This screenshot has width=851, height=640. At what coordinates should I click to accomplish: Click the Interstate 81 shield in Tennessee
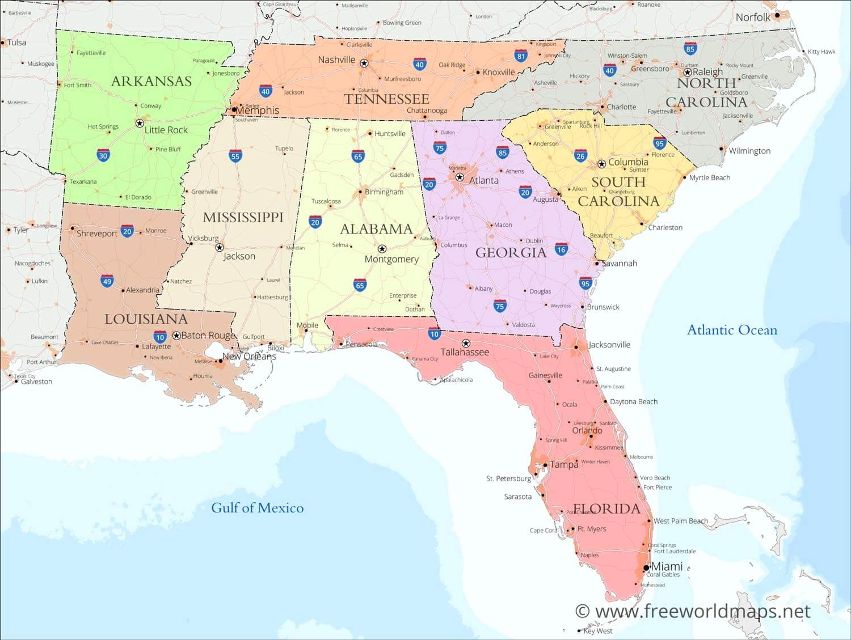521,56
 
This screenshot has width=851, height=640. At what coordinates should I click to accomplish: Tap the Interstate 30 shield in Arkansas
103,156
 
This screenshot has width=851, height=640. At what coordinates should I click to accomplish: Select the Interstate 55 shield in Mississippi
235,156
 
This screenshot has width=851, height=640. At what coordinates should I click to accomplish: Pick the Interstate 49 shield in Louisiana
107,281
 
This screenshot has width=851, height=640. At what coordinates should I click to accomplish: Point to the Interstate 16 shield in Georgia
561,249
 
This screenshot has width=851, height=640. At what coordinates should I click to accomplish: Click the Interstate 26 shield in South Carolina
580,156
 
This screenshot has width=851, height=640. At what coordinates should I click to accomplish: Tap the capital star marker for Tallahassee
466,344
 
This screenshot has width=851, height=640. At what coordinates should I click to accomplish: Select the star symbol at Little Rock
140,123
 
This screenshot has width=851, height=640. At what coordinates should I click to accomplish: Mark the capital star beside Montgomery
382,249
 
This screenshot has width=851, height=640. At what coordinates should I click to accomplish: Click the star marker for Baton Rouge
176,336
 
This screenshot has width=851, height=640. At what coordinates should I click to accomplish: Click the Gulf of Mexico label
257,507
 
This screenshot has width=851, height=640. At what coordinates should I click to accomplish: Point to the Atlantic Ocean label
732,330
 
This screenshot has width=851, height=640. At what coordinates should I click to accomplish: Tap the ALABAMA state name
376,229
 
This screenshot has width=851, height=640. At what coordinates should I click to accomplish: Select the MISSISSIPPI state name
243,217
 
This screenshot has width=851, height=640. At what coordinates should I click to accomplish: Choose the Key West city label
598,631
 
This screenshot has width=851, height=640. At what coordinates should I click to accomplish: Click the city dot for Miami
646,567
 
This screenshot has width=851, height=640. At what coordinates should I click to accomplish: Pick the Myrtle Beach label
710,177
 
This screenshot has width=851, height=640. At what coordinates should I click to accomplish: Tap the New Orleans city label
249,357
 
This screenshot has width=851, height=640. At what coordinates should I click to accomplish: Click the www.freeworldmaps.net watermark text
702,611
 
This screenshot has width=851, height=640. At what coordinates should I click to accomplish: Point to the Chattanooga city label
427,111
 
